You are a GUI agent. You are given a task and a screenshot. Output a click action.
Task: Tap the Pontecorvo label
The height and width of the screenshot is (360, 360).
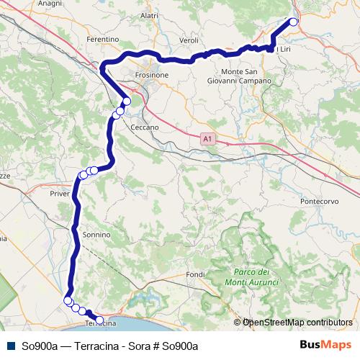point(320,202)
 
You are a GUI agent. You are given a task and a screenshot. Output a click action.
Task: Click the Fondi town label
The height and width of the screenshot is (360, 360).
point(195,274)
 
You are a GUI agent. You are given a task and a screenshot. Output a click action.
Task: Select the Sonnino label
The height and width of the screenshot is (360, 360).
point(96,235)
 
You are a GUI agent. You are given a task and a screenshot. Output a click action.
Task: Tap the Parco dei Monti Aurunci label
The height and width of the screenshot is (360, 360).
point(251,276)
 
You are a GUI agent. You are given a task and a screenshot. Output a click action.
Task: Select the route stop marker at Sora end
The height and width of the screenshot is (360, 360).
point(293,22)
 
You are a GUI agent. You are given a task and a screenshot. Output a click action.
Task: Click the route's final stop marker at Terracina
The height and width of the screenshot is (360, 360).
point(99,320)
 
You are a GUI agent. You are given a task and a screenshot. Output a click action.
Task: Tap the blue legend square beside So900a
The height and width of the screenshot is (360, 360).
point(9,346)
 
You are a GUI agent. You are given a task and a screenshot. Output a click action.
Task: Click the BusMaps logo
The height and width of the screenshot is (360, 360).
point(325,345)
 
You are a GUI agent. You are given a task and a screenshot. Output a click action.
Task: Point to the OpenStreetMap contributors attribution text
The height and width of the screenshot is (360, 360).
point(296,322)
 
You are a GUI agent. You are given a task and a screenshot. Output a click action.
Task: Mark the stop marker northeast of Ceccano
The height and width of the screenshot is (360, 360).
point(127,102)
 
